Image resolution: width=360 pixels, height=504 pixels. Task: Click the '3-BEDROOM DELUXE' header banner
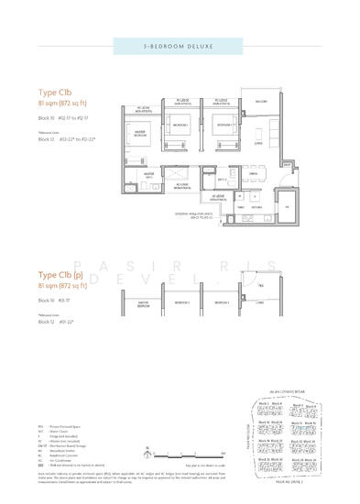click(180, 45)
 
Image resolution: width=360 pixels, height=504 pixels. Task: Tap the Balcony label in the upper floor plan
click(260, 103)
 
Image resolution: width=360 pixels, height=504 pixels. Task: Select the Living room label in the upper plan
click(258, 142)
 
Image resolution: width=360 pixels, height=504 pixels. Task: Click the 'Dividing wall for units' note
click(220, 216)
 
